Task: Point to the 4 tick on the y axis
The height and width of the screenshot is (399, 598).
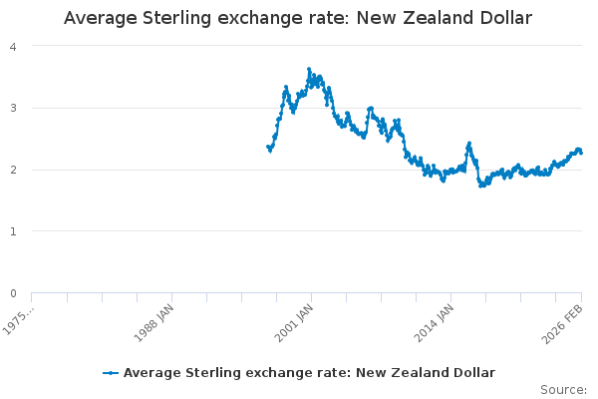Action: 12,46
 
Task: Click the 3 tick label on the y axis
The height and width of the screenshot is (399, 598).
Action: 12,108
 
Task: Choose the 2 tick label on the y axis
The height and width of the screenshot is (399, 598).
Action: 12,170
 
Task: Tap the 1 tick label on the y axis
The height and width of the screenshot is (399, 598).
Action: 12,231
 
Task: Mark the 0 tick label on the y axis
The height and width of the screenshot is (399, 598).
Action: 12,293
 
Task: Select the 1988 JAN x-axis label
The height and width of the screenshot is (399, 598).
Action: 156,322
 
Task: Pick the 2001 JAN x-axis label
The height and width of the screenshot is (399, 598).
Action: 296,322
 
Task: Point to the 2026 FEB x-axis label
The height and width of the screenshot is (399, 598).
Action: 566,322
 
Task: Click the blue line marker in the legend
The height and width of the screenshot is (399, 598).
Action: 111,372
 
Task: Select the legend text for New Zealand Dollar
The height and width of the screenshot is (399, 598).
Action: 309,372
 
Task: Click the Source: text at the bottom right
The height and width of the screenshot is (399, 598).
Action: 563,389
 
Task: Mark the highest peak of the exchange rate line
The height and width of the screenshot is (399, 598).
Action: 309,69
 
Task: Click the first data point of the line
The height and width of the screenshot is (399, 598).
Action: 268,147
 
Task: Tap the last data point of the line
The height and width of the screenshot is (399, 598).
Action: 581,152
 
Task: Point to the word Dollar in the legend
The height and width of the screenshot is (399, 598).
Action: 471,372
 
